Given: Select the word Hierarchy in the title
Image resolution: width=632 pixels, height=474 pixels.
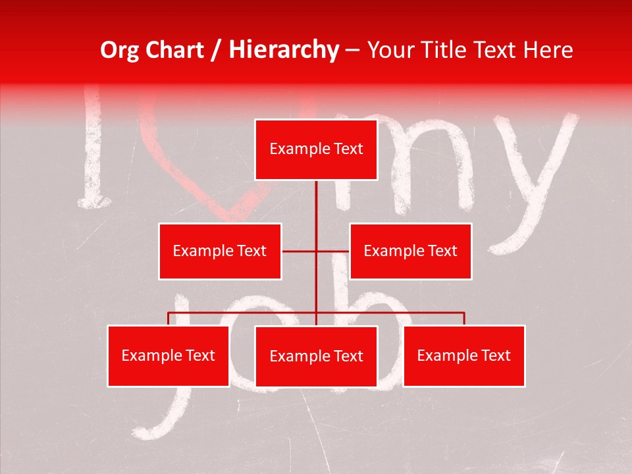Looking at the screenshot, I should point(283,50).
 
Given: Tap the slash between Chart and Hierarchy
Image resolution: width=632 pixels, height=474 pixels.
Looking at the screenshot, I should point(216,51).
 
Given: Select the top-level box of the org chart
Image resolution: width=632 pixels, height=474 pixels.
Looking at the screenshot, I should point(316,149).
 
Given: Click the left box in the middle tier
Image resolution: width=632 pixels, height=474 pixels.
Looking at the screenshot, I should point(220,251).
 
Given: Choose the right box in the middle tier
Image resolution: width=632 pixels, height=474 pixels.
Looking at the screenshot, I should point(410,251).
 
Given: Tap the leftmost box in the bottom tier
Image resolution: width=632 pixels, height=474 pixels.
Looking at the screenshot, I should point(169,355).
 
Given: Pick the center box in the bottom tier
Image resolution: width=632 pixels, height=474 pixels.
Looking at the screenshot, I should point(316,356).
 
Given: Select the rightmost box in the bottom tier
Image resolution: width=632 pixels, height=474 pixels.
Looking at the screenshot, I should point(463,355).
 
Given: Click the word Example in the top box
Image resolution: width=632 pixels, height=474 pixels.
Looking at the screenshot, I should point(294,149).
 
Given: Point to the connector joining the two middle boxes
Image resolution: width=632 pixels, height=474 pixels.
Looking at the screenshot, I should point(316,251).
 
